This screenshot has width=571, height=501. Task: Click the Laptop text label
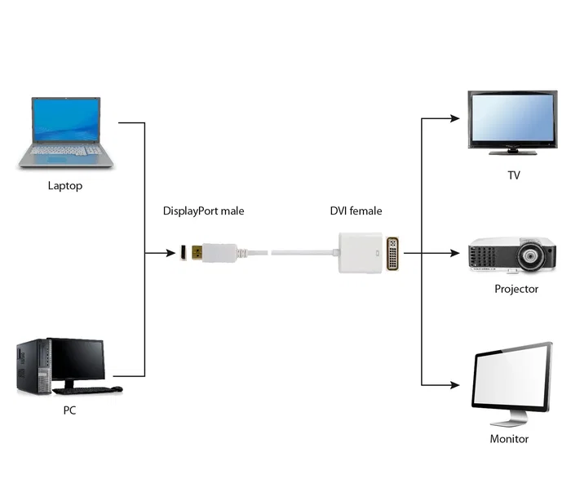65,186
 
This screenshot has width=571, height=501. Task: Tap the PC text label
70,410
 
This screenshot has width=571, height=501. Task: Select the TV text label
513,175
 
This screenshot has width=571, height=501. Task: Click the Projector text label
516,289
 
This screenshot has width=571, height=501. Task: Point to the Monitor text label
509,439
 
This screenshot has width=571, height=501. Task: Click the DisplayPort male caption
203,211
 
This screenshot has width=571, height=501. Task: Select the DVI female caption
356,211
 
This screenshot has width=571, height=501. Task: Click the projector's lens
531,260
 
